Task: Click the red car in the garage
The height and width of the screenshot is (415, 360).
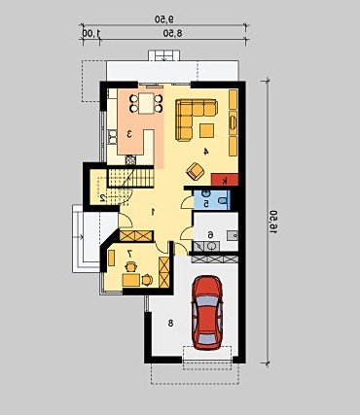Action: pos(207,312)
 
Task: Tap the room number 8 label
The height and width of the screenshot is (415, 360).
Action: pos(170,323)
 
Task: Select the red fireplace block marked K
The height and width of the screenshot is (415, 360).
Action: pos(225,180)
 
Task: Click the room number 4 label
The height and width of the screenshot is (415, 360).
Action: pos(205,151)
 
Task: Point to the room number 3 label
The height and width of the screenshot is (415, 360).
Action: pos(129,133)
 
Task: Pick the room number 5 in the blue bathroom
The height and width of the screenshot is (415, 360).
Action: pos(206,203)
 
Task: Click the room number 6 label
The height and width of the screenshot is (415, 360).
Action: pos(210,234)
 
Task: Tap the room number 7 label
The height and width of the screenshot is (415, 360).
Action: pos(129,254)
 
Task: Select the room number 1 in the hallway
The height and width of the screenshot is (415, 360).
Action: pos(153,212)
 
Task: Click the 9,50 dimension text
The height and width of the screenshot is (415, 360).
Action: pos(164,19)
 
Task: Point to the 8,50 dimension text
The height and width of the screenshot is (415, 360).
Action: pos(172,33)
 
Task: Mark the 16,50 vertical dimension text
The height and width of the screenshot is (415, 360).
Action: pos(272,222)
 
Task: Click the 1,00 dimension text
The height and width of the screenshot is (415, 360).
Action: pos(91,33)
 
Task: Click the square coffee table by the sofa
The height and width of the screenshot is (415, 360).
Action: pos(207,130)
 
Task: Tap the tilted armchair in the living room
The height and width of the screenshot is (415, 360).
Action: pos(196,171)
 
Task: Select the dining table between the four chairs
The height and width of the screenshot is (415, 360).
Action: pos(146,103)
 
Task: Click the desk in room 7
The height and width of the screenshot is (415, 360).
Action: pos(131,280)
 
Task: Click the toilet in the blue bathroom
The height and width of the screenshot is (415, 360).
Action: pos(223,200)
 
